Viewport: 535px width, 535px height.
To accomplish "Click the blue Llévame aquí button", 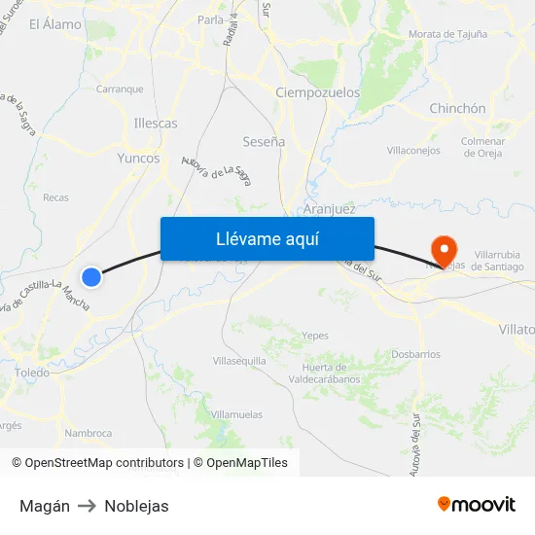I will coord(267,239).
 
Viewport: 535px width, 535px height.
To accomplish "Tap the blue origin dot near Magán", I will coord(91,277).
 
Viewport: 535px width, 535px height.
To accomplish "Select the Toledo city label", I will coord(32,373).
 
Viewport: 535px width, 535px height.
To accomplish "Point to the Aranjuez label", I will coord(329,209).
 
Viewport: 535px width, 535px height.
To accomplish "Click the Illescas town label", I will coord(156,124).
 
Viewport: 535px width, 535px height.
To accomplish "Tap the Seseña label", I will coord(264,142).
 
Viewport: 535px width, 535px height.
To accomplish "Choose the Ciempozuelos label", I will coord(318,92).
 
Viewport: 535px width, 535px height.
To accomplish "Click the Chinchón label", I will coord(457,109).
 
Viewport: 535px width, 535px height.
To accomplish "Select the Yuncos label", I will coord(137,158).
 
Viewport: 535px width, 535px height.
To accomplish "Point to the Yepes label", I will coord(315,336).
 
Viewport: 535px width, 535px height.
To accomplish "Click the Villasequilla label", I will coord(239,360).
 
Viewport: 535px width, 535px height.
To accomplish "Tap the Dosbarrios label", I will coord(415,355).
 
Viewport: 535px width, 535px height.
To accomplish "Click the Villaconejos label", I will coord(413,151).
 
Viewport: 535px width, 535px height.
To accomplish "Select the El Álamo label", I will coord(55,24).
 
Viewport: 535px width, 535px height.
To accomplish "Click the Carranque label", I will coord(120,89).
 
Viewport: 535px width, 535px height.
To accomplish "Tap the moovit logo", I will coord(476,504).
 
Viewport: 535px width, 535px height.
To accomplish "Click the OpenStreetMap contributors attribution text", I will coord(104,463).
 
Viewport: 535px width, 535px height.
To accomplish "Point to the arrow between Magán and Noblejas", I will coord(87,506).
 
